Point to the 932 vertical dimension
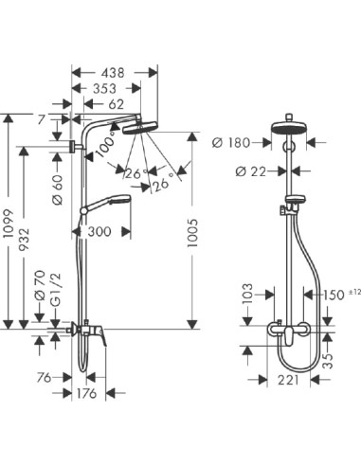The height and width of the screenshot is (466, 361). pos(35,244)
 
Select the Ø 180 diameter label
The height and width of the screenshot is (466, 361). pos(231,142)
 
